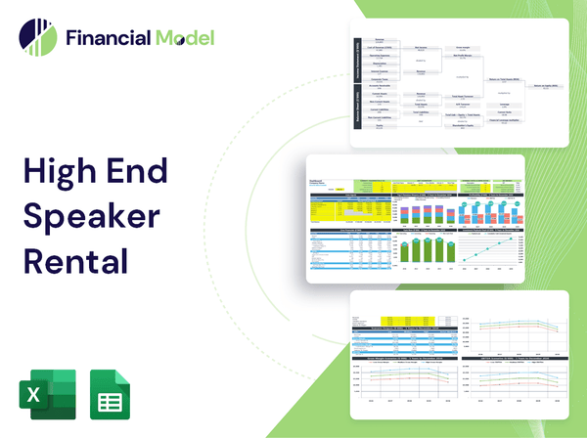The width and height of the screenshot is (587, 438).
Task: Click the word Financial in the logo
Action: coord(107,38)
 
